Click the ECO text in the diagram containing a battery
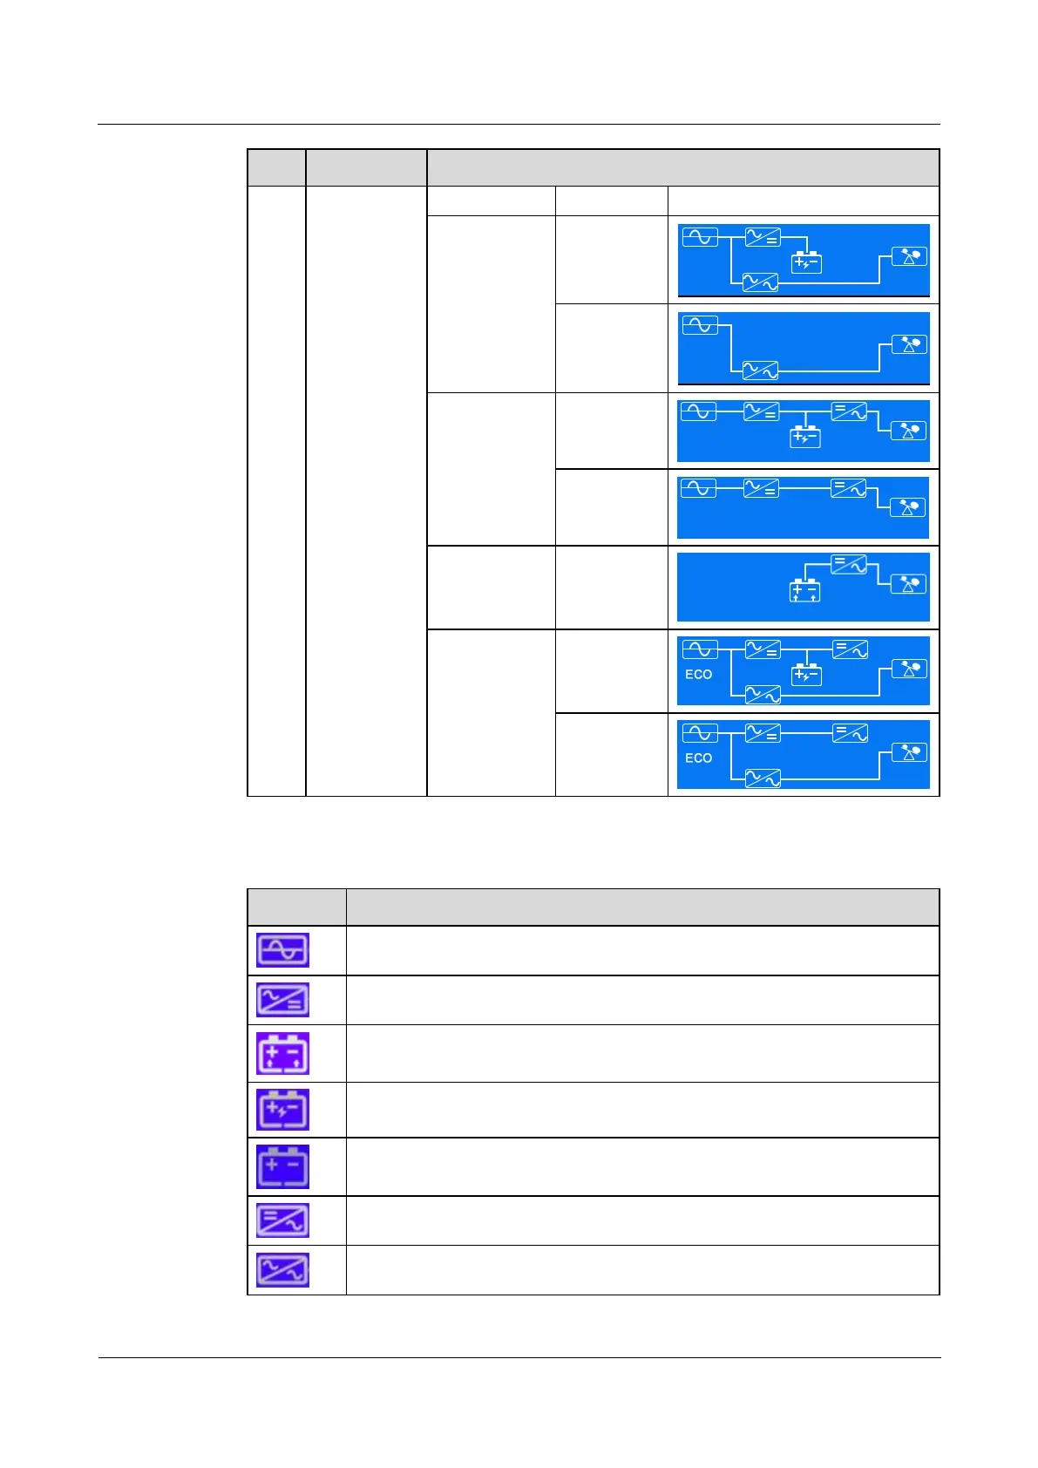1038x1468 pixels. pyautogui.click(x=698, y=674)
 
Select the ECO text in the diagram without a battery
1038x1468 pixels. pyautogui.click(x=698, y=758)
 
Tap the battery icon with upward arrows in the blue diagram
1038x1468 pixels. pyautogui.click(x=804, y=591)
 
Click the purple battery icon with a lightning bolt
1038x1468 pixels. pyautogui.click(x=282, y=1110)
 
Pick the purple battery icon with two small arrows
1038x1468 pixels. pyautogui.click(x=282, y=1054)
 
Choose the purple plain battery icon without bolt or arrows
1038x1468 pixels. pyautogui.click(x=282, y=1166)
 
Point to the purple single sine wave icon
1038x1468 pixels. pyautogui.click(x=282, y=950)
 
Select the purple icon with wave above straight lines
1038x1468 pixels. pyautogui.click(x=282, y=1001)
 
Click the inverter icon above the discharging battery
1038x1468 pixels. pyautogui.click(x=848, y=564)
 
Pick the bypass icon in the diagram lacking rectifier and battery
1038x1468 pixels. pyautogui.click(x=759, y=370)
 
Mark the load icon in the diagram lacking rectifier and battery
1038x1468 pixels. pyautogui.click(x=908, y=344)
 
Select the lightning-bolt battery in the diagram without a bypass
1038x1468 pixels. pyautogui.click(x=805, y=436)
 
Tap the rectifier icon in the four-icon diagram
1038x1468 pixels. pyautogui.click(x=761, y=489)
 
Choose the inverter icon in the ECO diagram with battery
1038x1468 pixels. pyautogui.click(x=850, y=649)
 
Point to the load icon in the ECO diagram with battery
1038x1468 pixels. pyautogui.click(x=909, y=669)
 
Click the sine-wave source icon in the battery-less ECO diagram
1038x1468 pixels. pyautogui.click(x=699, y=733)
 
